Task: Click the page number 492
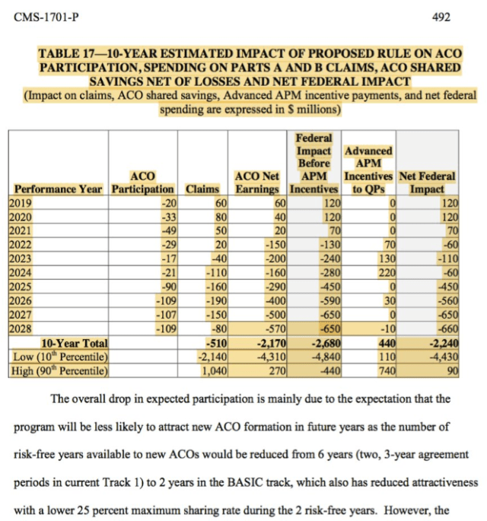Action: pos(441,14)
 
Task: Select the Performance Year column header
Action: pos(58,189)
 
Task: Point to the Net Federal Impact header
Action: pos(427,182)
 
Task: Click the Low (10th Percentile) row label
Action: pos(58,356)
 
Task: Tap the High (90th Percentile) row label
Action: pos(59,370)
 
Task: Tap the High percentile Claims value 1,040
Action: pos(213,370)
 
